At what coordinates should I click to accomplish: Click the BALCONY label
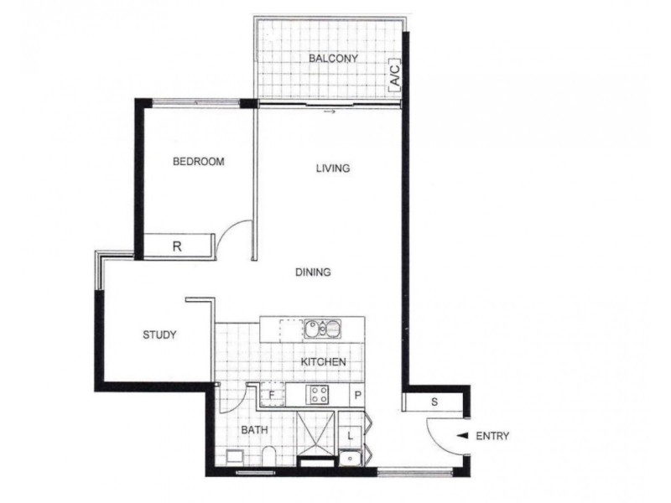(x=333, y=59)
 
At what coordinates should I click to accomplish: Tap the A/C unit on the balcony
(x=394, y=75)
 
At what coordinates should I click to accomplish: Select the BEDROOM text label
(x=199, y=162)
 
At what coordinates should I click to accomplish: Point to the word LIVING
(x=332, y=169)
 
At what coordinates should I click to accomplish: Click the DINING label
(x=313, y=272)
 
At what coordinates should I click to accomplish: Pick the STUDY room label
(x=159, y=335)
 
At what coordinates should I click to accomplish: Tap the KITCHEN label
(x=324, y=362)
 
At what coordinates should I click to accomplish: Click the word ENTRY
(x=492, y=436)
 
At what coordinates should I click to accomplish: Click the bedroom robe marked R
(x=176, y=246)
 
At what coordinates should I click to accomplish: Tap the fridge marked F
(x=272, y=394)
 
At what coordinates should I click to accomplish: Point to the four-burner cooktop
(x=318, y=394)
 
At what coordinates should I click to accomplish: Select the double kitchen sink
(x=321, y=328)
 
